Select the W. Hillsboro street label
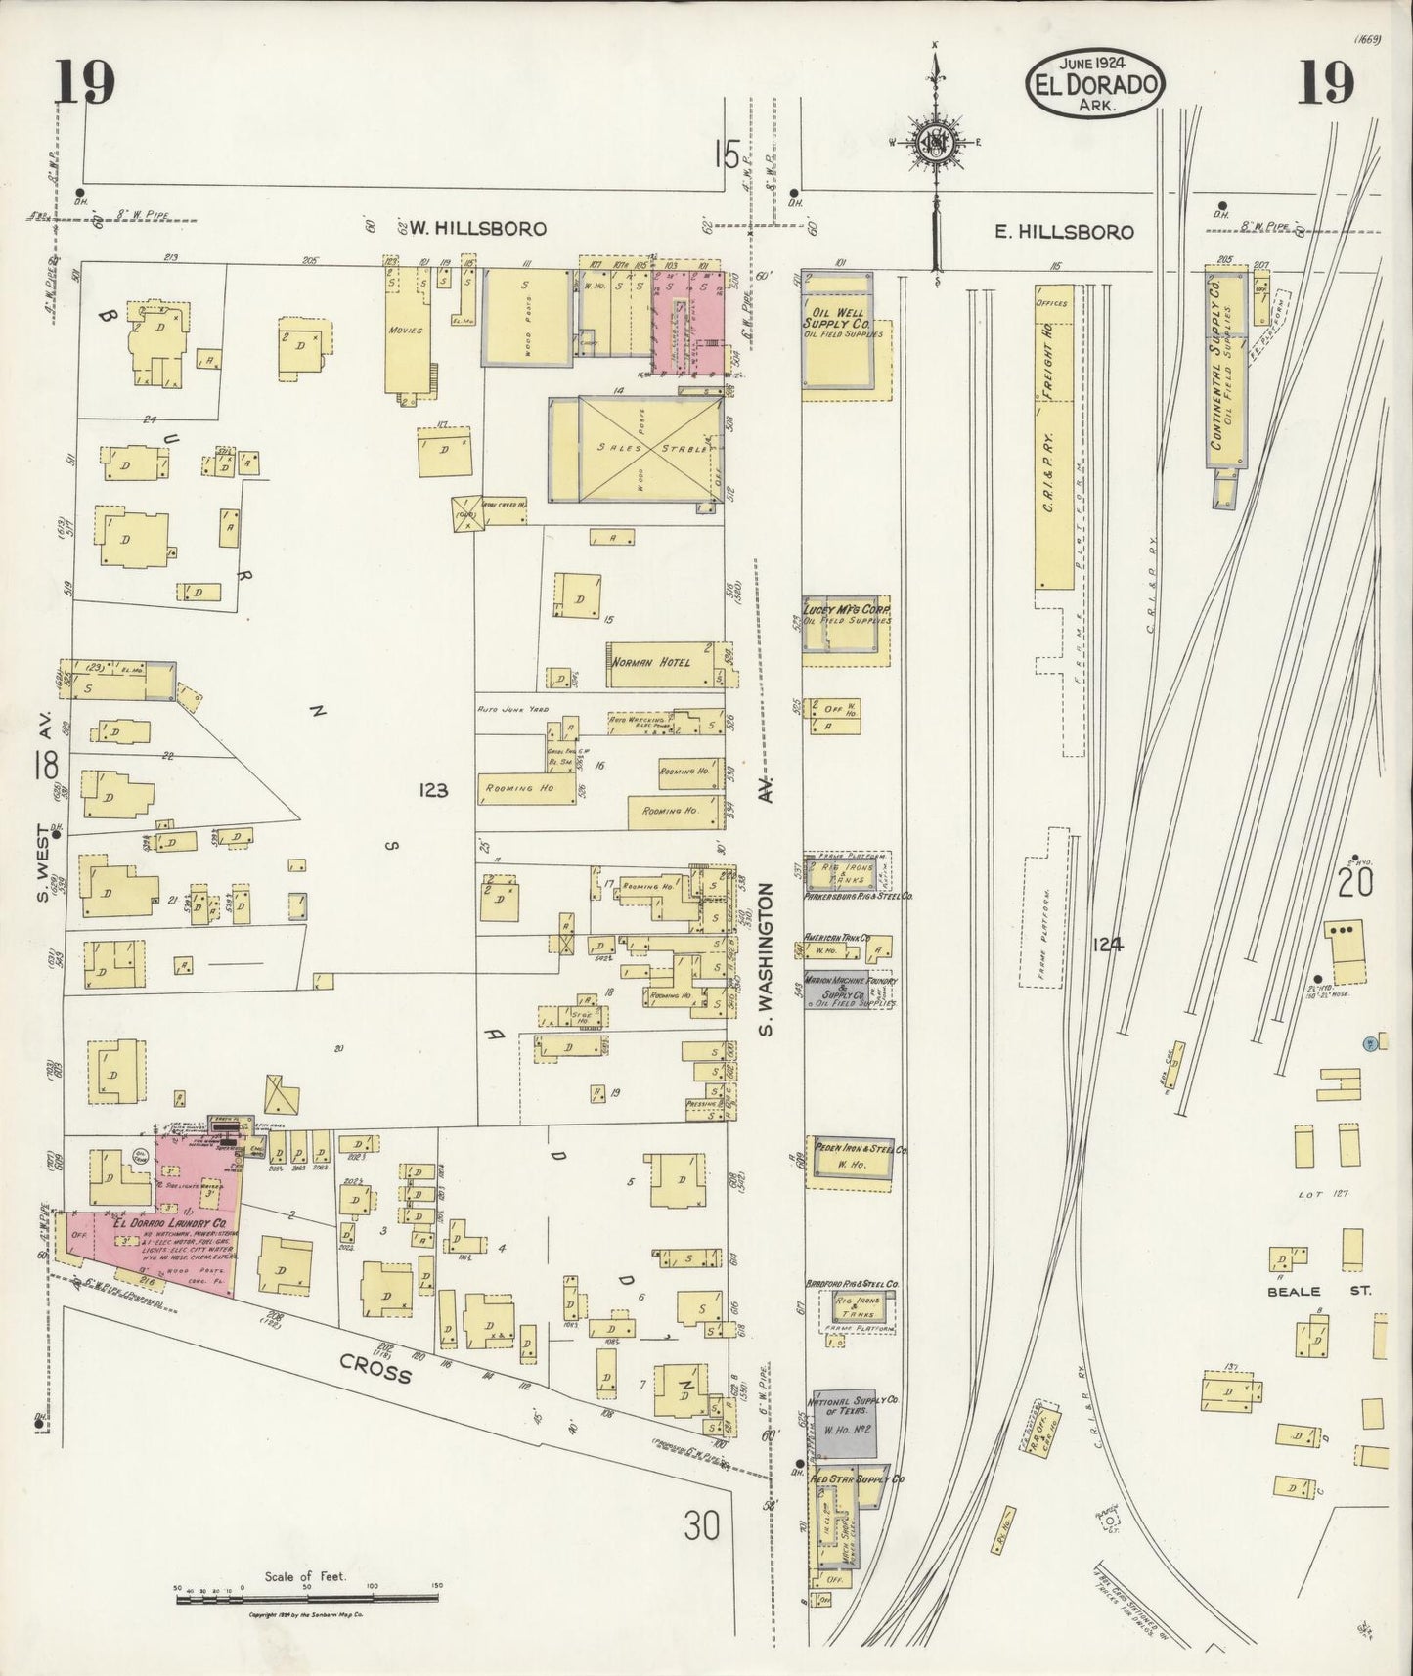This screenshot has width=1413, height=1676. click(476, 229)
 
